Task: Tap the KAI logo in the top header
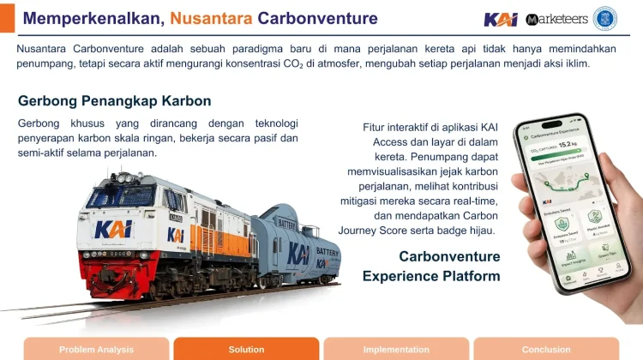point(501,19)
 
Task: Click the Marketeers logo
point(556,19)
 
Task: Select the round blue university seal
point(605,18)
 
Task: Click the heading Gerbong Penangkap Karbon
point(114,101)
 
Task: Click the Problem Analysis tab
point(96,349)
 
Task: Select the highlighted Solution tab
point(246,349)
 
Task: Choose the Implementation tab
point(396,349)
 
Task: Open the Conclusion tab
point(546,349)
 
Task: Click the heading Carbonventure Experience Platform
point(431,266)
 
